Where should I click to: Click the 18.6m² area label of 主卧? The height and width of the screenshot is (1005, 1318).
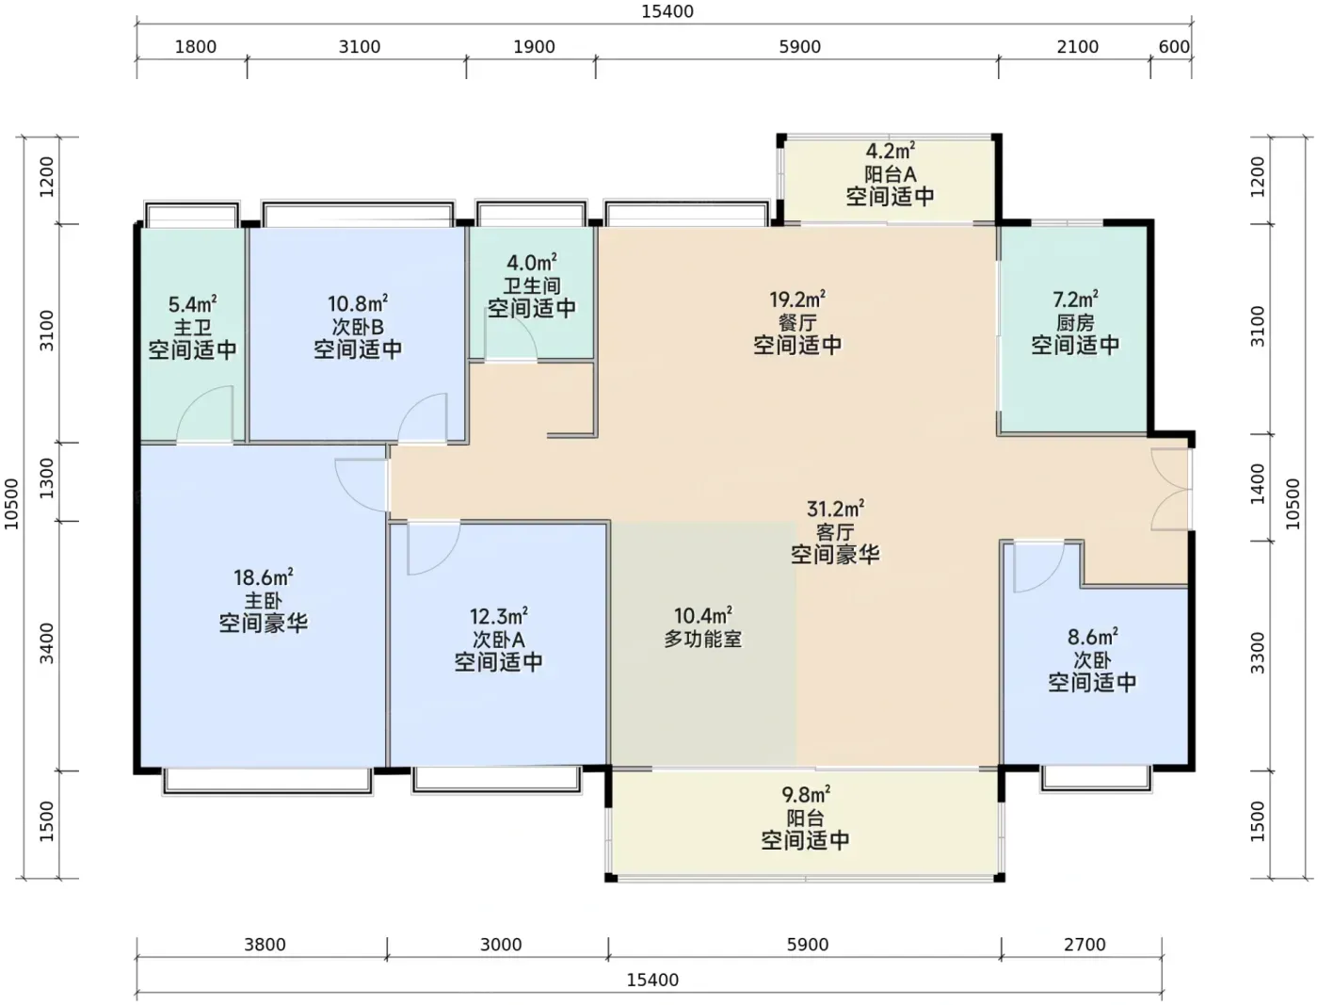tap(263, 577)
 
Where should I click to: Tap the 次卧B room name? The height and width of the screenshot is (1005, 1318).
tap(358, 327)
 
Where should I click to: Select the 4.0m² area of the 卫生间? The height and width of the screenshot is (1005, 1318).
tap(531, 262)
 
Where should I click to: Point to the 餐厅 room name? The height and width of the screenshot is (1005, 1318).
tap(797, 322)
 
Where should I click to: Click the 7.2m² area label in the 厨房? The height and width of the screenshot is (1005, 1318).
tap(1075, 299)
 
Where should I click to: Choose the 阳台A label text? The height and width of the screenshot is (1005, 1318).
tap(890, 174)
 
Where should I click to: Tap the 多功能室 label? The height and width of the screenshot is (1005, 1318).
tap(702, 639)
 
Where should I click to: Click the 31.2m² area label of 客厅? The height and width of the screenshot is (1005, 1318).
tap(835, 509)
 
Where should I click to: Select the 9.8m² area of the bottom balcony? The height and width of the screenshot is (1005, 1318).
tap(806, 794)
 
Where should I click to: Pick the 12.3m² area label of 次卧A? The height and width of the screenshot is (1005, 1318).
tap(498, 616)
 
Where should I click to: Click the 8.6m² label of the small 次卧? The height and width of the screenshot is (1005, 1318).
tap(1092, 636)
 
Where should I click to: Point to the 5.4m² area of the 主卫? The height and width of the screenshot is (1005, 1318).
tap(192, 304)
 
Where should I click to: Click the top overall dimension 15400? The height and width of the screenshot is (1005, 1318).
tap(667, 11)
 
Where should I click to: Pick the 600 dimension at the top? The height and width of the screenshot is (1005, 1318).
tap(1174, 47)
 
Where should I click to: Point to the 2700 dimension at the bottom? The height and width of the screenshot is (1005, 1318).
tap(1085, 945)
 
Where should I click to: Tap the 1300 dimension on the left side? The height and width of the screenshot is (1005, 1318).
tap(46, 478)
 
